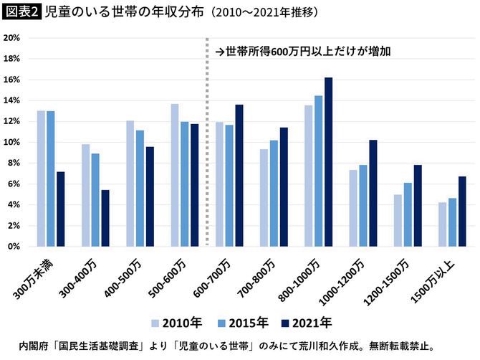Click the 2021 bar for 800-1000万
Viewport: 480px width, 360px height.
coord(328,162)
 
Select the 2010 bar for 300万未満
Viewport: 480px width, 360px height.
coord(41,179)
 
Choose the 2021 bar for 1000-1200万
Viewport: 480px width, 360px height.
coord(373,193)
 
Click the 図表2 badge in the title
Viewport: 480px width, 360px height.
coord(21,13)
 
